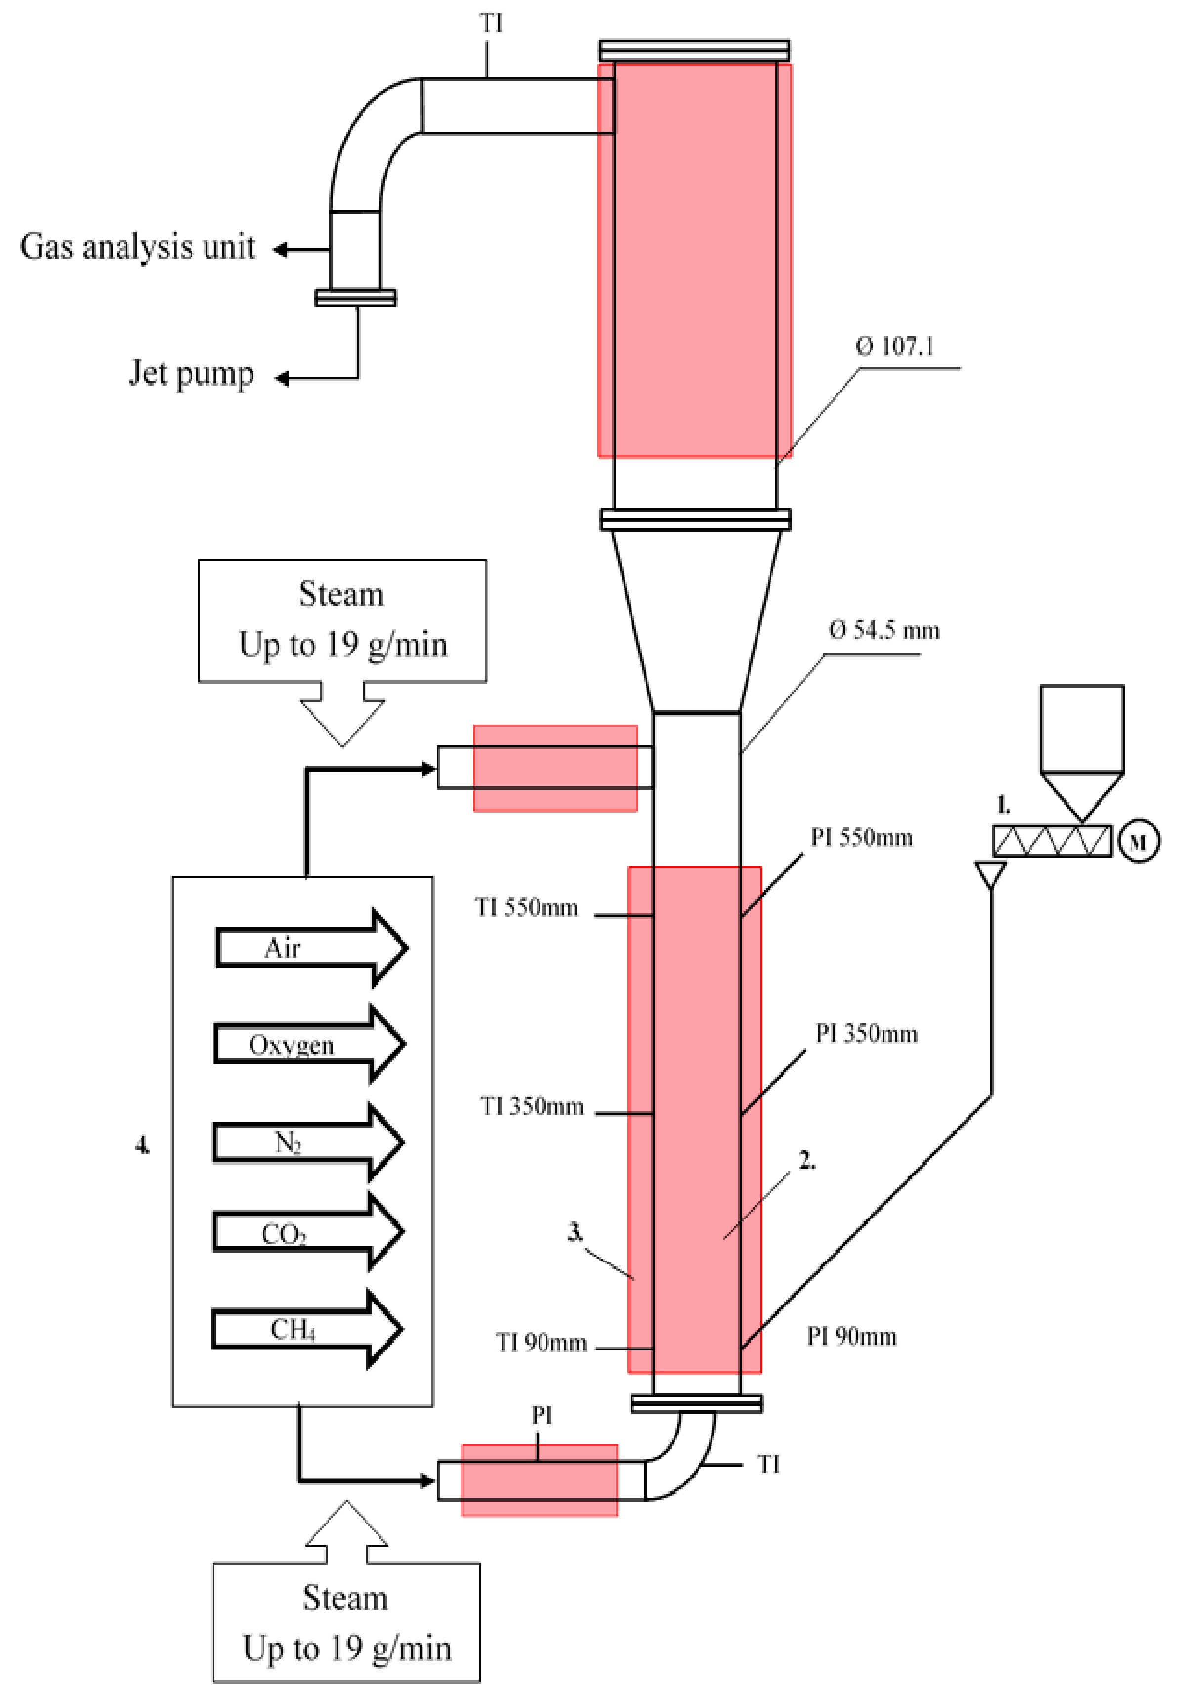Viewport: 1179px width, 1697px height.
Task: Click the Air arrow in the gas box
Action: tap(310, 948)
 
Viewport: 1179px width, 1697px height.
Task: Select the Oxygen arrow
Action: tap(309, 1044)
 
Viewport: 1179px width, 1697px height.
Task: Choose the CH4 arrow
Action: tap(306, 1329)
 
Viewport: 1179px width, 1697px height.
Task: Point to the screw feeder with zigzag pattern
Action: tap(1051, 841)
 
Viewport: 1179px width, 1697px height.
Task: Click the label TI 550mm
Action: tap(526, 907)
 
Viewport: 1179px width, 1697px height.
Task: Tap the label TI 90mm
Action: tap(541, 1343)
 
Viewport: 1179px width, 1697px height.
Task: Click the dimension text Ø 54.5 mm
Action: tap(884, 630)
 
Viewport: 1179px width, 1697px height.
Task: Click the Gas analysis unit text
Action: tap(137, 247)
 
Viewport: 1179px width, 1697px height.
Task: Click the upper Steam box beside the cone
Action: tap(342, 620)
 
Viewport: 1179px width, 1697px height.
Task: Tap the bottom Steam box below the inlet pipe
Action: tap(346, 1622)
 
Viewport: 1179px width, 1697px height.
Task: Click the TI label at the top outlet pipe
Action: tap(491, 24)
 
